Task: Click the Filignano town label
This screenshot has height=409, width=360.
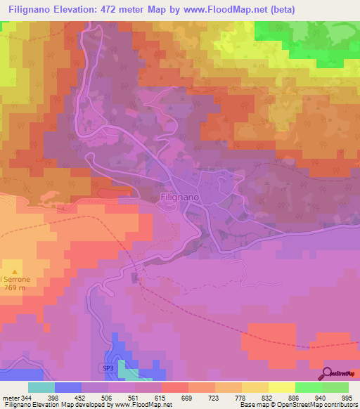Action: coord(181,198)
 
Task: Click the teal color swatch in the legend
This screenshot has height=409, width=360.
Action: coord(41,387)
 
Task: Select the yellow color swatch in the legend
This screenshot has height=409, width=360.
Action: coord(281,387)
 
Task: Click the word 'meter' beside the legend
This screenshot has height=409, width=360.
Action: coord(10,397)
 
